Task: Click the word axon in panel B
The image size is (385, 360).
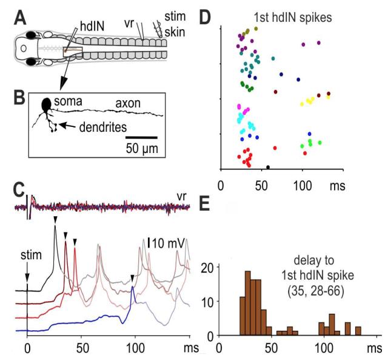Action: pyautogui.click(x=129, y=103)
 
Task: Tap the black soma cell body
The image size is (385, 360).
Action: pyautogui.click(x=46, y=105)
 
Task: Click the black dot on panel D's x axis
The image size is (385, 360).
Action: pyautogui.click(x=268, y=167)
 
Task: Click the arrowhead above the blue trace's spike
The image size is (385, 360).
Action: pyautogui.click(x=132, y=278)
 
